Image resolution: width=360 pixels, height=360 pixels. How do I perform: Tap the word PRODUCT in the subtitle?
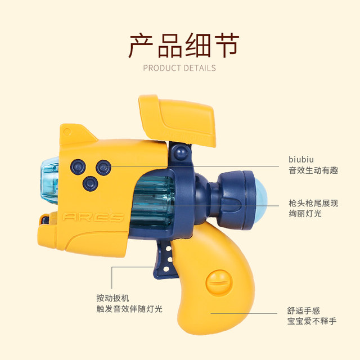161,68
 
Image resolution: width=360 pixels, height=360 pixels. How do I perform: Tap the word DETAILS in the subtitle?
199,68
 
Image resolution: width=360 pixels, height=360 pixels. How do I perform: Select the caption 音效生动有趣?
313,170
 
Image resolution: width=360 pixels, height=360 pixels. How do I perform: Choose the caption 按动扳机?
112,298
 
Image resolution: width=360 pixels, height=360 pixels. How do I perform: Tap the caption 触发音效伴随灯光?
129,309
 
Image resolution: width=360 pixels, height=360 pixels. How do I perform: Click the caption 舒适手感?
304,310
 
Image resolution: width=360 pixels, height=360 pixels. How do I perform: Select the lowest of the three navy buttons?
88,182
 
